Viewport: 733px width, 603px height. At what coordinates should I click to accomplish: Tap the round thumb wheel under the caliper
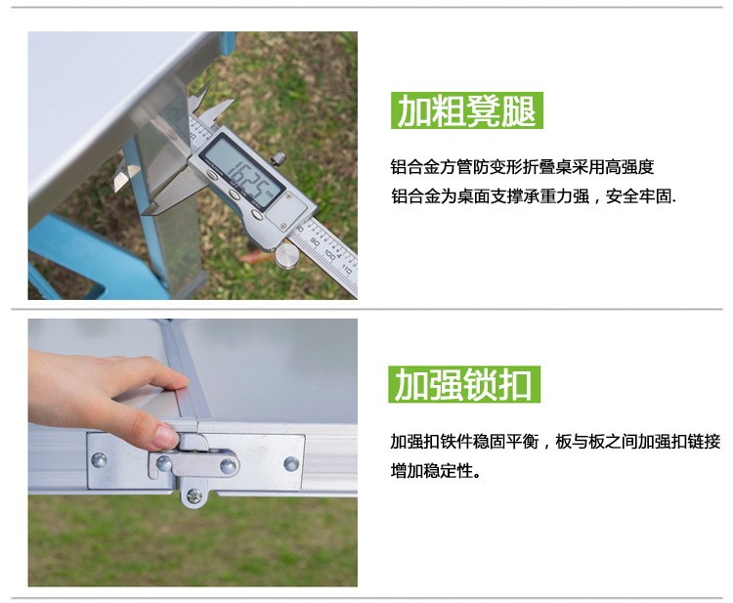point(287,256)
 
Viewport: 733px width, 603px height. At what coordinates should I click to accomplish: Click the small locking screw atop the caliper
point(280,158)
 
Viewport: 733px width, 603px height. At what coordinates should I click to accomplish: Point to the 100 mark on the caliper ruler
point(329,255)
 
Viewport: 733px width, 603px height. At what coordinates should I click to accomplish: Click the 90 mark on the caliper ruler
point(315,242)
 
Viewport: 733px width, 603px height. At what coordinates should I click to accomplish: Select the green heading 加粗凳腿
point(467,110)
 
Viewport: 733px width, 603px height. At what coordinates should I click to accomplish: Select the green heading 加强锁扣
point(464,385)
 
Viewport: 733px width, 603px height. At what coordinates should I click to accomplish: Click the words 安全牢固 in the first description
point(639,196)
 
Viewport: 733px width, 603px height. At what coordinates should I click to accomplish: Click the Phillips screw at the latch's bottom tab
point(194,495)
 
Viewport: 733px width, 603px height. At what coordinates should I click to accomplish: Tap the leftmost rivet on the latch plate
point(99,460)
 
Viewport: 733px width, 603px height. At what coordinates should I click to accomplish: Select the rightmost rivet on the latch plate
point(291,463)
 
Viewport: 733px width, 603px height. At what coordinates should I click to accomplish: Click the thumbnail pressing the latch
point(166,436)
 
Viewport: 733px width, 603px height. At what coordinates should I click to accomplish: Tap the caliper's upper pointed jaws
point(205,100)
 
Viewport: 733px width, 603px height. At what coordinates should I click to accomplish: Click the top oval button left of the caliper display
point(211,175)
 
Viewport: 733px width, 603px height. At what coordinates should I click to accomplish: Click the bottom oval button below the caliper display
point(256,215)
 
